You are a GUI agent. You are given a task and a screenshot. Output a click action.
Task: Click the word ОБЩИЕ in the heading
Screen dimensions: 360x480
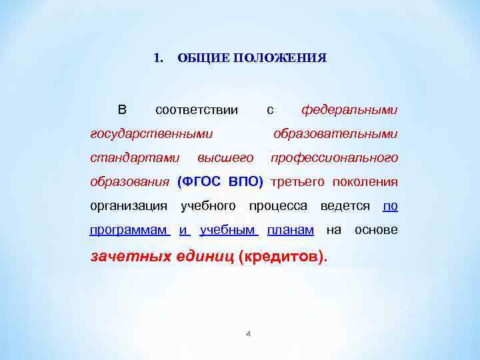[x=198, y=58]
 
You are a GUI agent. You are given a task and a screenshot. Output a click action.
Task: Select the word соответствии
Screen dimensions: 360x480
[x=196, y=109]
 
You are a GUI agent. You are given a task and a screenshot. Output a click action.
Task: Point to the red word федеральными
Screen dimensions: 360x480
[x=349, y=109]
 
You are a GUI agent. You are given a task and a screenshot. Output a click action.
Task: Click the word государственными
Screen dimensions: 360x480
[x=151, y=134]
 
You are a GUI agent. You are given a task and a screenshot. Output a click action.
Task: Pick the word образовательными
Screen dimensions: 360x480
[x=335, y=134]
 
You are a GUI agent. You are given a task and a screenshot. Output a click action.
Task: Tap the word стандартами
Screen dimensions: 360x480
[x=135, y=158]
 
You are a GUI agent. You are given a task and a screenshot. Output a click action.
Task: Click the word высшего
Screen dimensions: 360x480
[x=225, y=158]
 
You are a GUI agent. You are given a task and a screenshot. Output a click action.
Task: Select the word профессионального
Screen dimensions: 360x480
[x=333, y=158]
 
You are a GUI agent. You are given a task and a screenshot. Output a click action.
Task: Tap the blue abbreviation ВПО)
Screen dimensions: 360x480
[x=246, y=182]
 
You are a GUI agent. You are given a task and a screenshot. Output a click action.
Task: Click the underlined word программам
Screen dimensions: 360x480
[x=129, y=230]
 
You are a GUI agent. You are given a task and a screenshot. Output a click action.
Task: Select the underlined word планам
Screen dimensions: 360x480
[x=290, y=230]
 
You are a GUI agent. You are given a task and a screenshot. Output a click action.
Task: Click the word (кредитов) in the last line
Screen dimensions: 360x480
[x=283, y=256]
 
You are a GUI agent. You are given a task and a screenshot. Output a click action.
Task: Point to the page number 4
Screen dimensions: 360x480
[x=247, y=333]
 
